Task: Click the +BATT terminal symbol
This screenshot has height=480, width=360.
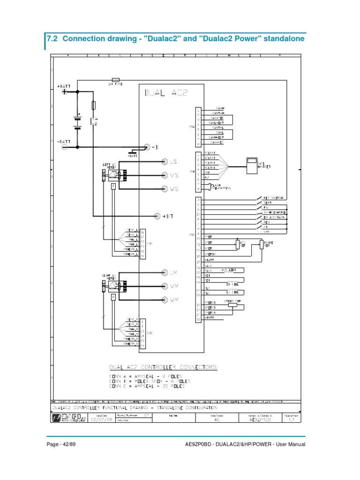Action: click(65, 92)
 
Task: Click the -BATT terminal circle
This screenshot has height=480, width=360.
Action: click(65, 147)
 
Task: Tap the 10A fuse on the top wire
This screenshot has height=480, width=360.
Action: click(115, 80)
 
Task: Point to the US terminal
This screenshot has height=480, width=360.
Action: click(165, 162)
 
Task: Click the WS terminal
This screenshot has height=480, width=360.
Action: click(165, 189)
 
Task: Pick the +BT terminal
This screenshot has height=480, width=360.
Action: click(157, 216)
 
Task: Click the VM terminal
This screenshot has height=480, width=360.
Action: click(165, 286)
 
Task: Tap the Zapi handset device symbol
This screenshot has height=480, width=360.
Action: click(252, 163)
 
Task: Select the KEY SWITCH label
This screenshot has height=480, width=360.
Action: click(273, 198)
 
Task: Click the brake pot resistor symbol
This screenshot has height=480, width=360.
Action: click(261, 245)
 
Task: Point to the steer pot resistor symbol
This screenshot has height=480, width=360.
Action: click(233, 304)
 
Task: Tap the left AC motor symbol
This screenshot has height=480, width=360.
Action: click(113, 175)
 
